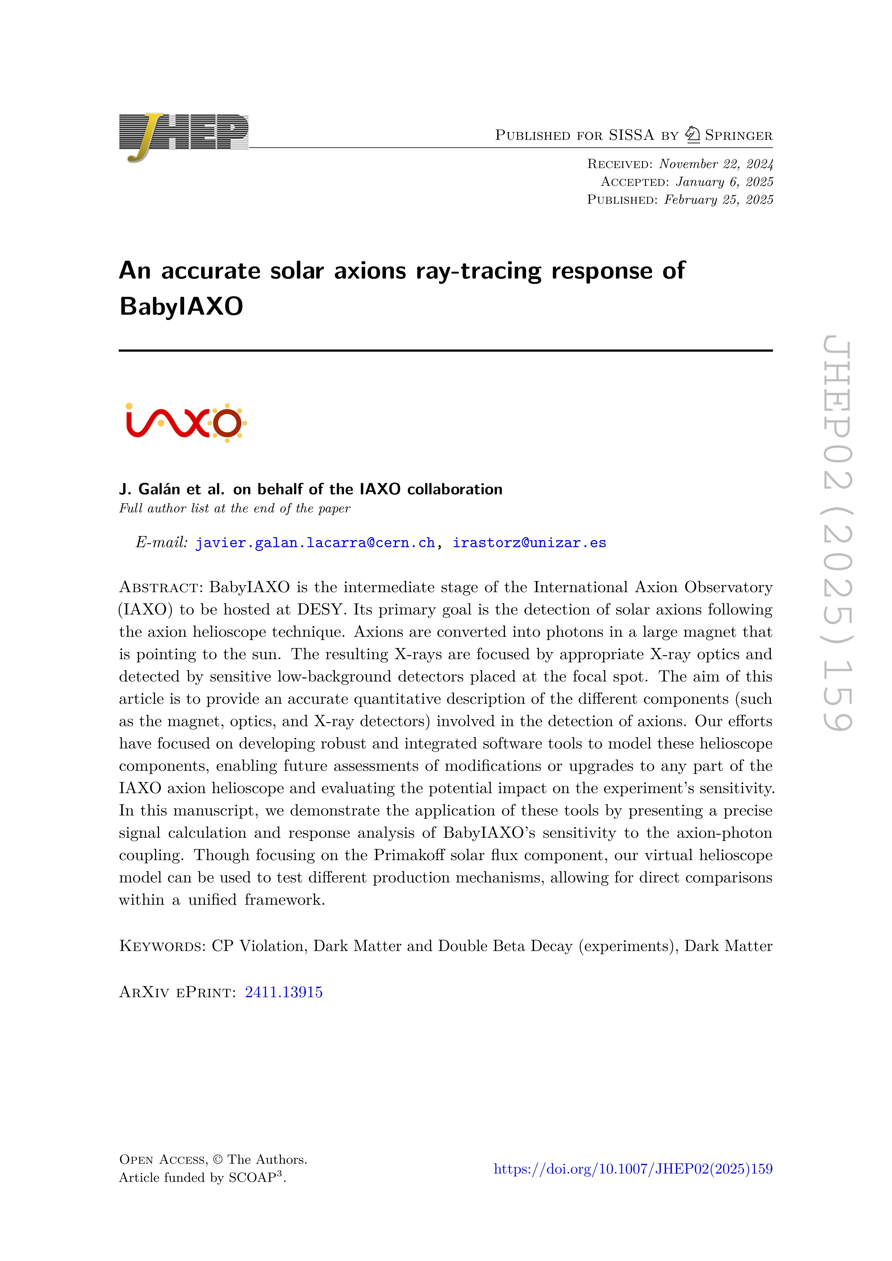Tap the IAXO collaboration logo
[x=186, y=422]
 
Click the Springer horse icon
[x=693, y=134]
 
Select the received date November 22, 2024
[x=716, y=164]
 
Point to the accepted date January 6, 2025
[x=724, y=182]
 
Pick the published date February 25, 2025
[x=718, y=200]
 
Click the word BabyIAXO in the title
[x=181, y=306]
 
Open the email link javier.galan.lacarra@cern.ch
[x=315, y=543]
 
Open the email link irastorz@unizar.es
[x=529, y=543]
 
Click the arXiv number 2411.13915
[x=283, y=992]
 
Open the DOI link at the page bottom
[x=633, y=1169]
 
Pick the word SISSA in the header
[x=631, y=135]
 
